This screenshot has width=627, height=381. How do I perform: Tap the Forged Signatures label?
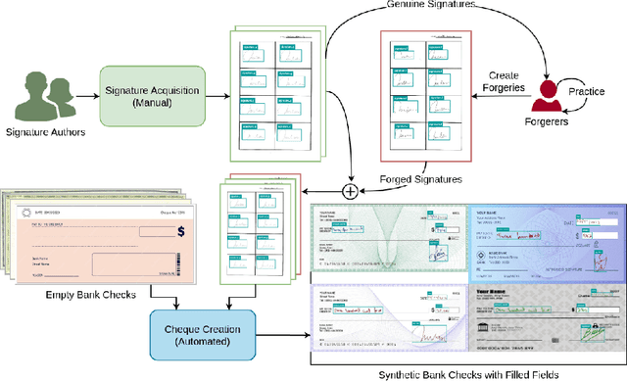pyautogui.click(x=419, y=178)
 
